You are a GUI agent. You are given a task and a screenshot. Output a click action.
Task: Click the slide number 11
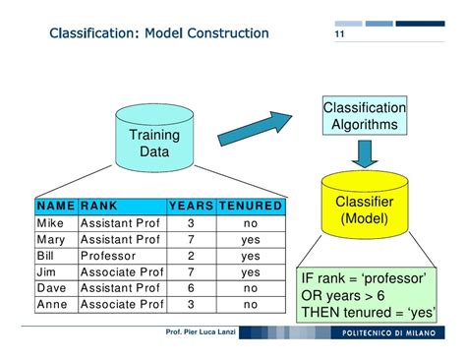pyautogui.click(x=339, y=36)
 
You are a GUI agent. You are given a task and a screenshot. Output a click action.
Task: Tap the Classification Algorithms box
pyautogui.click(x=364, y=116)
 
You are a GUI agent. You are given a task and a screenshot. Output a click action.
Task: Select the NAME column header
pyautogui.click(x=55, y=207)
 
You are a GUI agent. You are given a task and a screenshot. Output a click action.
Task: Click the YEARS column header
pyautogui.click(x=191, y=207)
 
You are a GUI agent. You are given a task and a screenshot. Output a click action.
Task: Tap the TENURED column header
pyautogui.click(x=250, y=207)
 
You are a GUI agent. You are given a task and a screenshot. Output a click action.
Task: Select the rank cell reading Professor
pyautogui.click(x=109, y=256)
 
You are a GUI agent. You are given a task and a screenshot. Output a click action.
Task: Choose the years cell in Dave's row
pyautogui.click(x=191, y=288)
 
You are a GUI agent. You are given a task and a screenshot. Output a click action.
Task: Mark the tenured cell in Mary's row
pyautogui.click(x=250, y=239)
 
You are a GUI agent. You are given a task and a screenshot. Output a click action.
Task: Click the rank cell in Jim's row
pyautogui.click(x=120, y=271)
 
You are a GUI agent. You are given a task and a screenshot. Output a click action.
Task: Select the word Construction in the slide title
pyautogui.click(x=223, y=34)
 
